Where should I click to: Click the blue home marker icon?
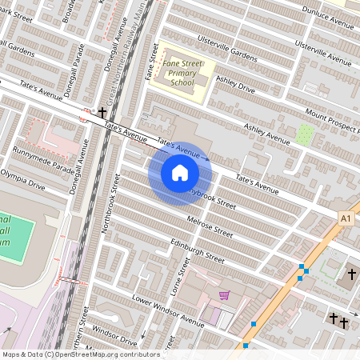[x=179, y=172]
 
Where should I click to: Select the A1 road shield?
[x=346, y=218]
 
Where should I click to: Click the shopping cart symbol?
[x=224, y=295]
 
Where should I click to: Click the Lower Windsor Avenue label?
[x=169, y=311]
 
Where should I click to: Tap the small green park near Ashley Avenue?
[x=305, y=134]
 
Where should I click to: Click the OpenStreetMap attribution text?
[x=80, y=354]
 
